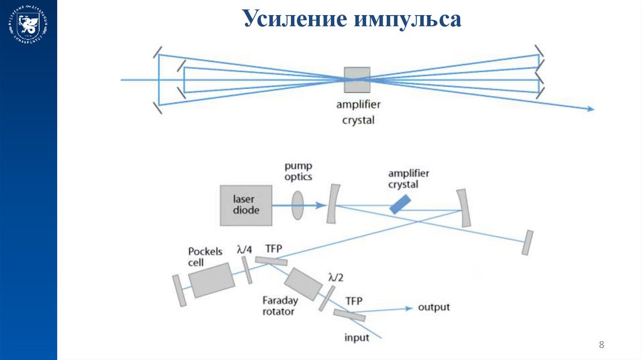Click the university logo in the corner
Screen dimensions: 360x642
28,25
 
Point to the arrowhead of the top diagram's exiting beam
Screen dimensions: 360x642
590,109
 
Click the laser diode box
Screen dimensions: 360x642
246,205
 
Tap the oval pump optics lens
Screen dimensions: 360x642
297,204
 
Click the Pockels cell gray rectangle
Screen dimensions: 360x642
211,280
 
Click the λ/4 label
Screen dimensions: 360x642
245,249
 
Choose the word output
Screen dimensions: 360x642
434,307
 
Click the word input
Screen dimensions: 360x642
357,338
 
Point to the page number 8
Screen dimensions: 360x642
602,344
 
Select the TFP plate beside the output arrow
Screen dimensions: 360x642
349,315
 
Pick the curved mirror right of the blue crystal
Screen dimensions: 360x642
464,208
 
